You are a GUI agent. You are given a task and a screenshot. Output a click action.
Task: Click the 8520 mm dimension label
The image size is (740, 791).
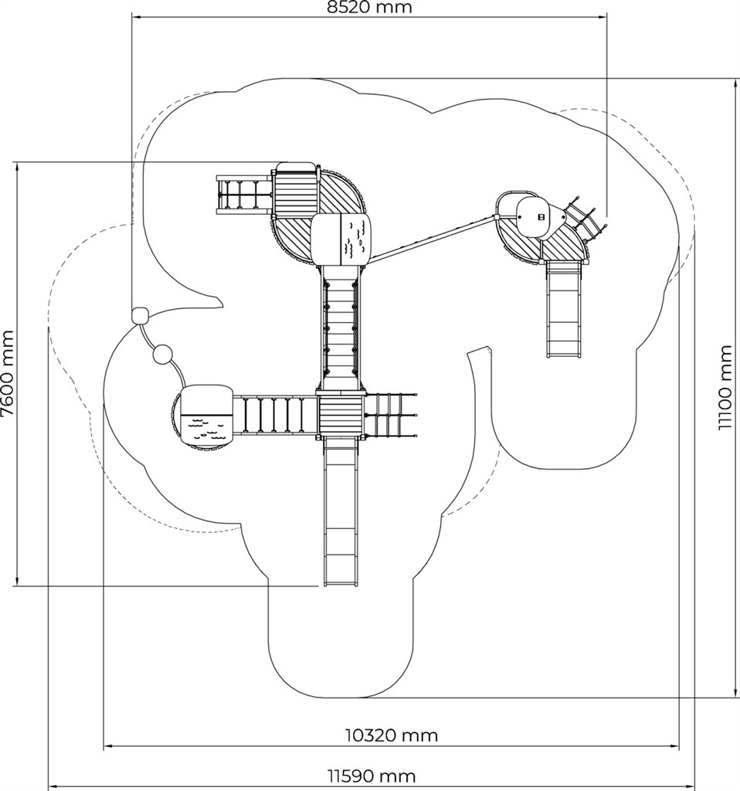(369, 8)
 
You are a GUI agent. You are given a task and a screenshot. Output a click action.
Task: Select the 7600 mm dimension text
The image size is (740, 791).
(8, 373)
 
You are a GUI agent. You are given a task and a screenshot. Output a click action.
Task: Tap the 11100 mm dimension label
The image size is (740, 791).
(726, 387)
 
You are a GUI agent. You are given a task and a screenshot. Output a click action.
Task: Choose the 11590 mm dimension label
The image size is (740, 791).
(371, 776)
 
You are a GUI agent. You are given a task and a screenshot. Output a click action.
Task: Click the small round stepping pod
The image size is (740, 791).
(162, 355)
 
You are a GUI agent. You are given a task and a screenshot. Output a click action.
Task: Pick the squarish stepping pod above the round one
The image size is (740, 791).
(140, 315)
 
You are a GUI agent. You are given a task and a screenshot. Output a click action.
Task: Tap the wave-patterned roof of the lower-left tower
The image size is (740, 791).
(205, 417)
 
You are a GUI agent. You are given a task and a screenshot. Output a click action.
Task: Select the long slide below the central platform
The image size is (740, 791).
(341, 510)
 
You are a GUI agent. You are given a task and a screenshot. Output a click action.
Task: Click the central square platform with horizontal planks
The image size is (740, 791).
(340, 415)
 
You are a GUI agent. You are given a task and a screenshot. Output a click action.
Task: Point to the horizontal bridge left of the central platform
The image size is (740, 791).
(274, 415)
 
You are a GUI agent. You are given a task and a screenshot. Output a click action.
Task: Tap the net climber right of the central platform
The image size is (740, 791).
(390, 415)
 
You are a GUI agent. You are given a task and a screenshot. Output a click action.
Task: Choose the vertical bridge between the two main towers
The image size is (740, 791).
(340, 328)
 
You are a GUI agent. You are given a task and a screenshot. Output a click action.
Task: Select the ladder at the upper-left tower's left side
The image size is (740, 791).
(243, 193)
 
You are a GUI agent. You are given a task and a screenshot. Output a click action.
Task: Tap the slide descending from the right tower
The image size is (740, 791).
(564, 309)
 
